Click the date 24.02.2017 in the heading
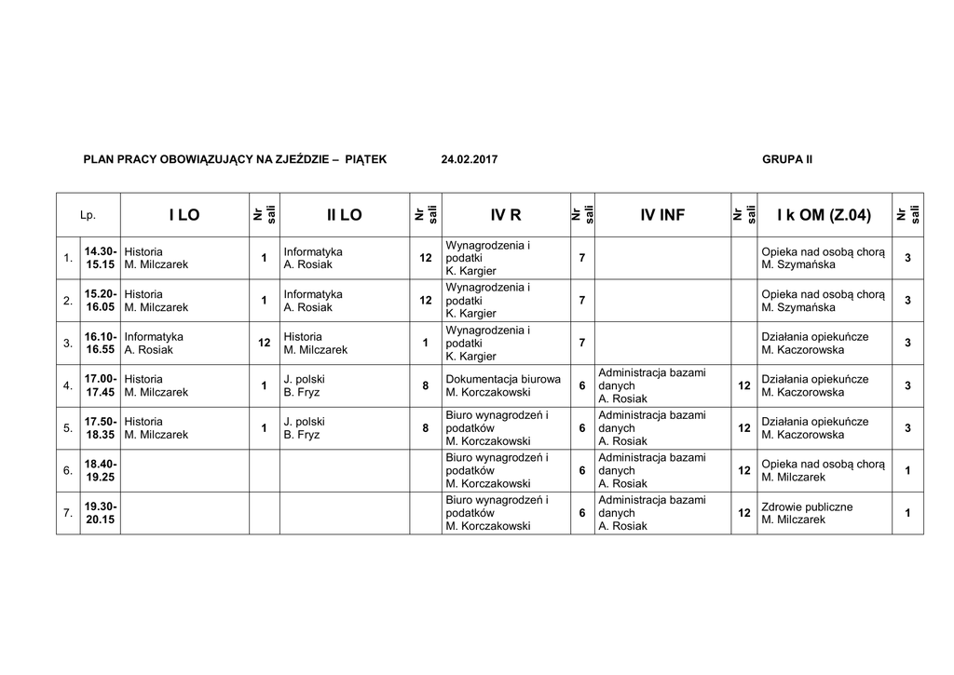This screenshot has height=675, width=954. pos(470,159)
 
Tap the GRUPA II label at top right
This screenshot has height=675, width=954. pos(787,159)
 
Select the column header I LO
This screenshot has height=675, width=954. pos(184,215)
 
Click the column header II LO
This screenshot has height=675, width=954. pos(344,215)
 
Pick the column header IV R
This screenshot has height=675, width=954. pos(505,215)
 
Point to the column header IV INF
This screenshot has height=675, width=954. pos(662,215)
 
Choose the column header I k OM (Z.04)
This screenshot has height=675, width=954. pos(824,215)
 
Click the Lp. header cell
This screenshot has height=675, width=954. pos(89,215)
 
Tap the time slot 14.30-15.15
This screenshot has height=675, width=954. pos(101,258)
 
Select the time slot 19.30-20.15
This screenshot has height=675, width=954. pos(101,513)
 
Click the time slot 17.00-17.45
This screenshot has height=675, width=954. pos(101,385)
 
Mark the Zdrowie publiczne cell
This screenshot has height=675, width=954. pos(807,513)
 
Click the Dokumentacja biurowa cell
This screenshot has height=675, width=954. pos(503,385)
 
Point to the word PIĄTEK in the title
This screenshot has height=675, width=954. pos(365,159)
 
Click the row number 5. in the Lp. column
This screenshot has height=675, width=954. pos(68,428)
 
